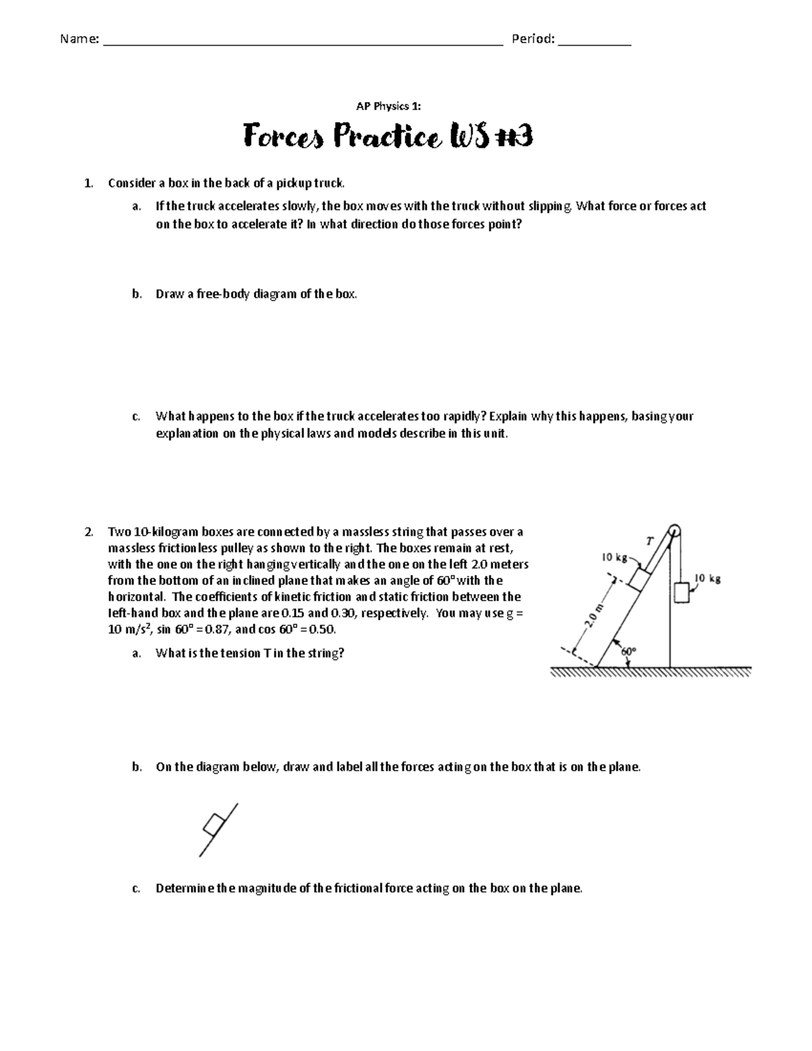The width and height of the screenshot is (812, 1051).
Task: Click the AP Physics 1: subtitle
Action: pyautogui.click(x=388, y=106)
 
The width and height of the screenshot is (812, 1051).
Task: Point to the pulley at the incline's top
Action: pyautogui.click(x=673, y=530)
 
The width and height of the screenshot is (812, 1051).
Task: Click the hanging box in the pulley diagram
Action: pyautogui.click(x=681, y=591)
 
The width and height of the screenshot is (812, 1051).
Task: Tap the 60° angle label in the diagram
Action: pyautogui.click(x=629, y=651)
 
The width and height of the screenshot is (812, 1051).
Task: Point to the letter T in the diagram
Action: pyautogui.click(x=650, y=541)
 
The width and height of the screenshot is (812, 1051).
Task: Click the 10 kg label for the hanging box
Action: pyautogui.click(x=707, y=579)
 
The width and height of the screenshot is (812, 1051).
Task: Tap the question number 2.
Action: pyautogui.click(x=89, y=532)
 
